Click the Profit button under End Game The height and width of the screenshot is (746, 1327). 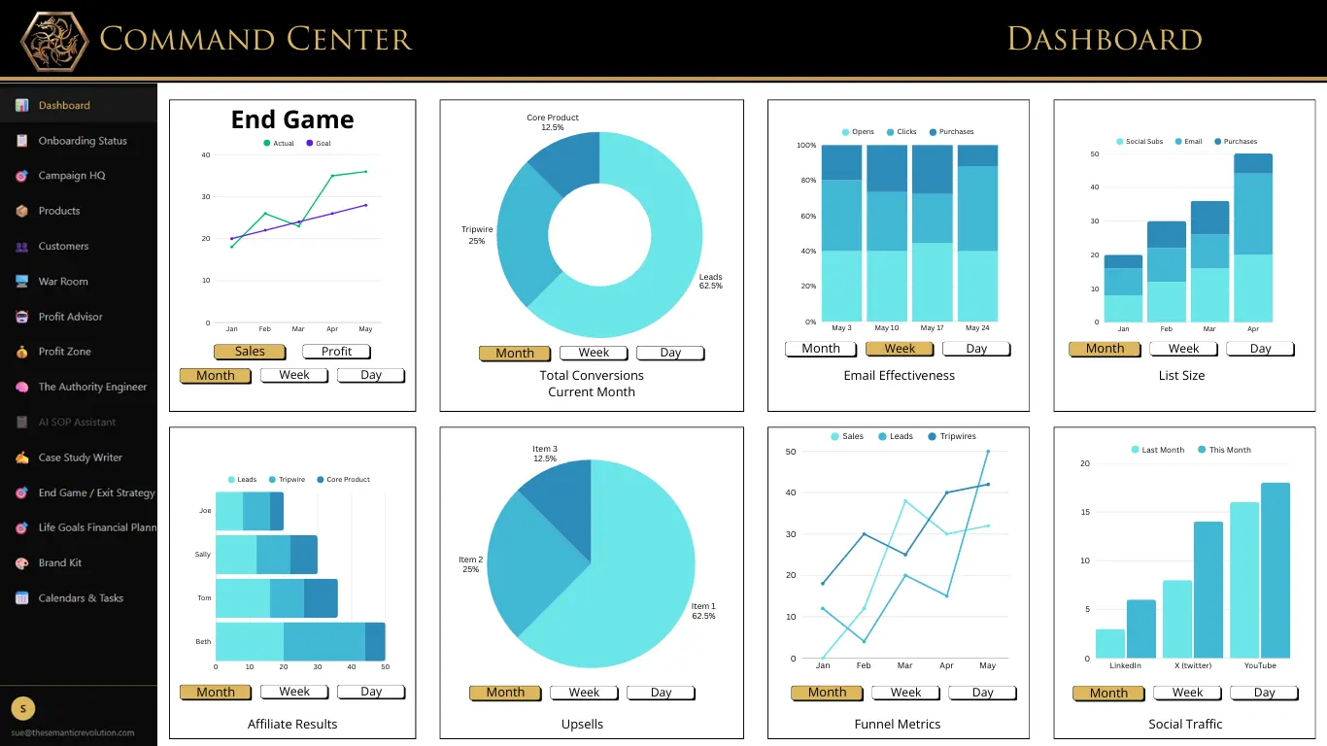pyautogui.click(x=336, y=352)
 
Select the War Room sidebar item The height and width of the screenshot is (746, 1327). pyautogui.click(x=63, y=282)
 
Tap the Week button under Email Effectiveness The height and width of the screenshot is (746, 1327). pyautogui.click(x=899, y=349)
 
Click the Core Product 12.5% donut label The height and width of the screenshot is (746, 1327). pyautogui.click(x=552, y=122)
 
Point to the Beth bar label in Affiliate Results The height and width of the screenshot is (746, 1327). pyautogui.click(x=203, y=642)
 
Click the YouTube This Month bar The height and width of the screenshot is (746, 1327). pyautogui.click(x=1275, y=570)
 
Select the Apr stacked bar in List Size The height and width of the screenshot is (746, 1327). pyautogui.click(x=1252, y=238)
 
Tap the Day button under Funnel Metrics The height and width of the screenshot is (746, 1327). pyautogui.click(x=982, y=693)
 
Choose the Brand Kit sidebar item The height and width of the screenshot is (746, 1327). pyautogui.click(x=59, y=563)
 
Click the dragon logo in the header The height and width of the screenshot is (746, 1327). pyautogui.click(x=54, y=41)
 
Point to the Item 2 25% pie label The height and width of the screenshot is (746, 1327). pyautogui.click(x=470, y=564)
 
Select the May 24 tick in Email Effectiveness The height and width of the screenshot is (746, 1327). pyautogui.click(x=977, y=328)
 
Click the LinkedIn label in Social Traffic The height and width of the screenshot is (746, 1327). pyautogui.click(x=1125, y=665)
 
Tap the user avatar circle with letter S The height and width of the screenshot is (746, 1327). pyautogui.click(x=22, y=708)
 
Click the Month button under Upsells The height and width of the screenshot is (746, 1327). pyautogui.click(x=505, y=693)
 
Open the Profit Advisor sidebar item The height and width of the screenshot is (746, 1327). pyautogui.click(x=70, y=317)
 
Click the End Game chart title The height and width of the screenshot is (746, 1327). pyautogui.click(x=291, y=119)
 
